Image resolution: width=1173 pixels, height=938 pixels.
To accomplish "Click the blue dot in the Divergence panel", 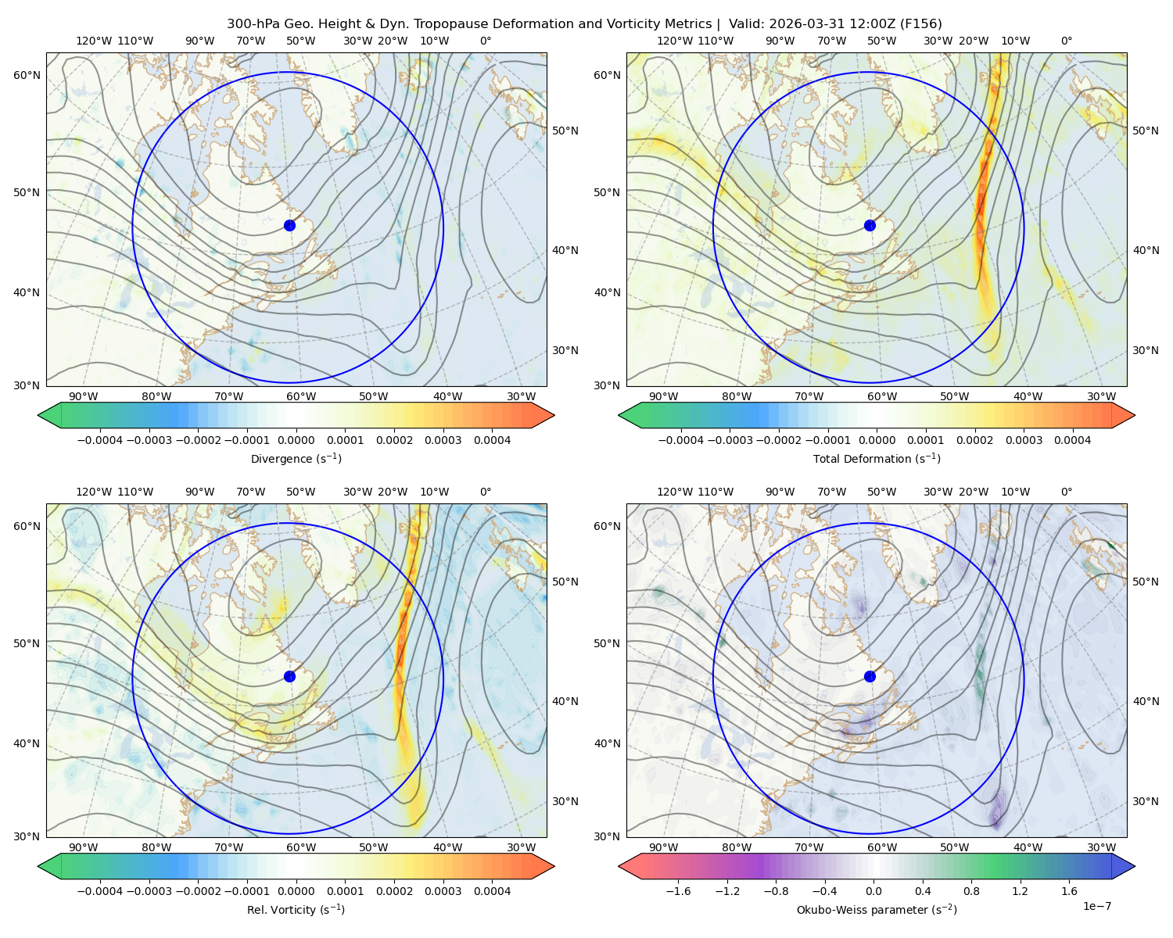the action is (289, 225).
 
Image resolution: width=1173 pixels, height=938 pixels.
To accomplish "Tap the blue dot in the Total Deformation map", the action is (870, 225).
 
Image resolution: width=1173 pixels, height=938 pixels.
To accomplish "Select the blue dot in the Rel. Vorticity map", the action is (289, 676).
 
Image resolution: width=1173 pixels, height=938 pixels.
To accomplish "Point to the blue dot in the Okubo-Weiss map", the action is (870, 676).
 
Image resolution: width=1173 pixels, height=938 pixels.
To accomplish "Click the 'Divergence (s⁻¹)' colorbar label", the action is (296, 458).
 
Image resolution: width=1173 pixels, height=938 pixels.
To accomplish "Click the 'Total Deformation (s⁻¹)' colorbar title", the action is (877, 458).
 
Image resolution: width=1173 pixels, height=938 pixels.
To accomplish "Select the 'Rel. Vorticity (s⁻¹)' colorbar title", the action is (296, 909).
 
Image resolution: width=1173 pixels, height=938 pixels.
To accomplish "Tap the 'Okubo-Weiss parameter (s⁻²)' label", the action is (877, 909).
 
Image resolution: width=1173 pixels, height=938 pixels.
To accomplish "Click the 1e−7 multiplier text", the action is (1096, 906).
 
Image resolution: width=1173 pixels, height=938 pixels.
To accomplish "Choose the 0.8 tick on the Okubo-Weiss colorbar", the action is (971, 891).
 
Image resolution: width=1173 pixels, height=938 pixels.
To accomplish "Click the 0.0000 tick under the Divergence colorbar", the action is (296, 440).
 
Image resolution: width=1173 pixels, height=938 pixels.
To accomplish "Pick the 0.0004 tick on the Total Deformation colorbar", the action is (1072, 440).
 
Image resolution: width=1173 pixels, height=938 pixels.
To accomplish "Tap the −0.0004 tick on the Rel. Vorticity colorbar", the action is (100, 891).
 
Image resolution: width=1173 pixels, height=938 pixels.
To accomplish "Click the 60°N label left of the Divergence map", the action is (27, 75).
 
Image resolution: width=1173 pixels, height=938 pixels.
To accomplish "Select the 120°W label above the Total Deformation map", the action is (674, 41).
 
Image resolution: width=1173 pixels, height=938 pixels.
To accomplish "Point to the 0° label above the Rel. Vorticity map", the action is (486, 492).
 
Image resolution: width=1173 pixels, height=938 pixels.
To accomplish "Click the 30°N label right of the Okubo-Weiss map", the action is (1145, 801).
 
